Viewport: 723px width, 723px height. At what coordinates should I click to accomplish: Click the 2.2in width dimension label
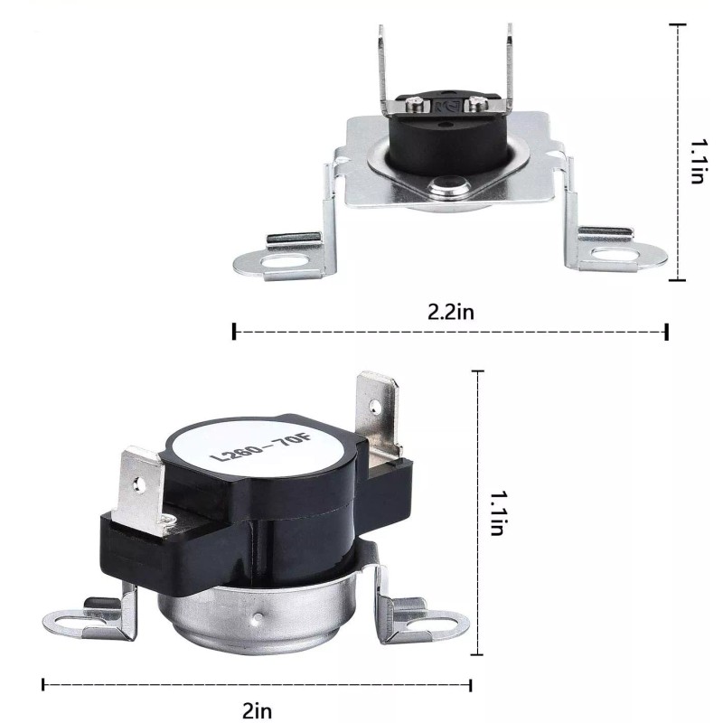pyautogui.click(x=450, y=312)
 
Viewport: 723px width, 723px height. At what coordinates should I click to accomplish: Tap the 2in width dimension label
pyautogui.click(x=258, y=710)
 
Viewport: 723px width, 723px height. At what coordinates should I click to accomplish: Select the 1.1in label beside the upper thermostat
pyautogui.click(x=699, y=162)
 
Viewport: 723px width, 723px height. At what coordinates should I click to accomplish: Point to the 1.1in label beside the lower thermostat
pyautogui.click(x=497, y=512)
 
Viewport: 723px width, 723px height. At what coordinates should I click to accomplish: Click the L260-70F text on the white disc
pyautogui.click(x=261, y=448)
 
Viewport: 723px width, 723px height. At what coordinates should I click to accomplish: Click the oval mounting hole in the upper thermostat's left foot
pyautogui.click(x=284, y=261)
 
